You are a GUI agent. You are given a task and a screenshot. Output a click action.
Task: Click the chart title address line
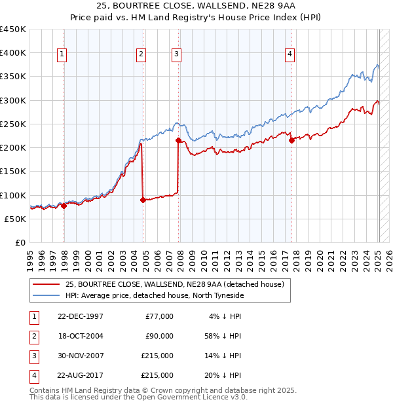tap(196, 6)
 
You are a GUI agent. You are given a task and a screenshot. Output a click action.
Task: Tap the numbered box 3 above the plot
tap(177, 55)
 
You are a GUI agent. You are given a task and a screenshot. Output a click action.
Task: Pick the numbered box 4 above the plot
tap(289, 55)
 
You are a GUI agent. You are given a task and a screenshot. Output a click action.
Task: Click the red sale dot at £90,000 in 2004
tap(143, 200)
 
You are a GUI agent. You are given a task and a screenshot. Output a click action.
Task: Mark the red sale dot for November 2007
tap(178, 140)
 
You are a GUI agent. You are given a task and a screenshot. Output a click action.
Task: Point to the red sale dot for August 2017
tap(291, 140)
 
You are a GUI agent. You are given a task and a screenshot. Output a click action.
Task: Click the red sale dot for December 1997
tap(64, 206)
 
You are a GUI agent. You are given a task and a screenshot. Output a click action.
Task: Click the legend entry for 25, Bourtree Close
tap(174, 284)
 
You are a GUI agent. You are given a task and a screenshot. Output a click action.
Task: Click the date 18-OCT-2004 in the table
tap(81, 336)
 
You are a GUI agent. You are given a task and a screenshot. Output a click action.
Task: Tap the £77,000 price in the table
tap(159, 316)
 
